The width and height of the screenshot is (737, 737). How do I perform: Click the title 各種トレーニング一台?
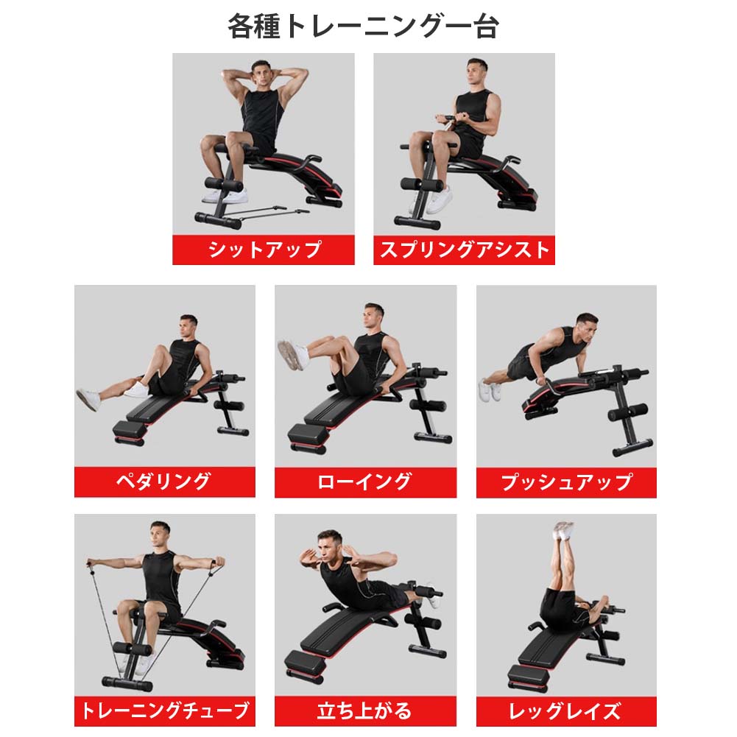(363, 27)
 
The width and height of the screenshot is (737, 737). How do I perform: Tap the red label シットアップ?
(264, 250)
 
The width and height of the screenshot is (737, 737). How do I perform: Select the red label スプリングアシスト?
(465, 250)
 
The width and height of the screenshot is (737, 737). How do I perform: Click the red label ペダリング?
(164, 482)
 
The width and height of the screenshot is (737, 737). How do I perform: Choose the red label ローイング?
(365, 482)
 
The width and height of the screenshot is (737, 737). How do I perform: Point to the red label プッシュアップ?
(566, 482)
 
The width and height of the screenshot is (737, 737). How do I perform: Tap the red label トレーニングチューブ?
(164, 711)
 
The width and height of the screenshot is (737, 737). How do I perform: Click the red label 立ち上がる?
(365, 711)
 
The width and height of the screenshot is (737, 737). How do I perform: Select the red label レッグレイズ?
(566, 711)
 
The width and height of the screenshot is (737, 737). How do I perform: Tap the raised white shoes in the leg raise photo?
(563, 531)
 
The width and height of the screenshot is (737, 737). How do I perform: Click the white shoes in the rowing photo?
(292, 353)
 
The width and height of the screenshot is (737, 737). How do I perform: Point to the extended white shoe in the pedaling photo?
(88, 400)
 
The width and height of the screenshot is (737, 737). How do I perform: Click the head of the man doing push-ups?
(586, 326)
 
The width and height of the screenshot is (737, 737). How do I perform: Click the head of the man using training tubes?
(159, 535)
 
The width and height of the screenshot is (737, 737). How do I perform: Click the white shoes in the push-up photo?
(486, 388)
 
